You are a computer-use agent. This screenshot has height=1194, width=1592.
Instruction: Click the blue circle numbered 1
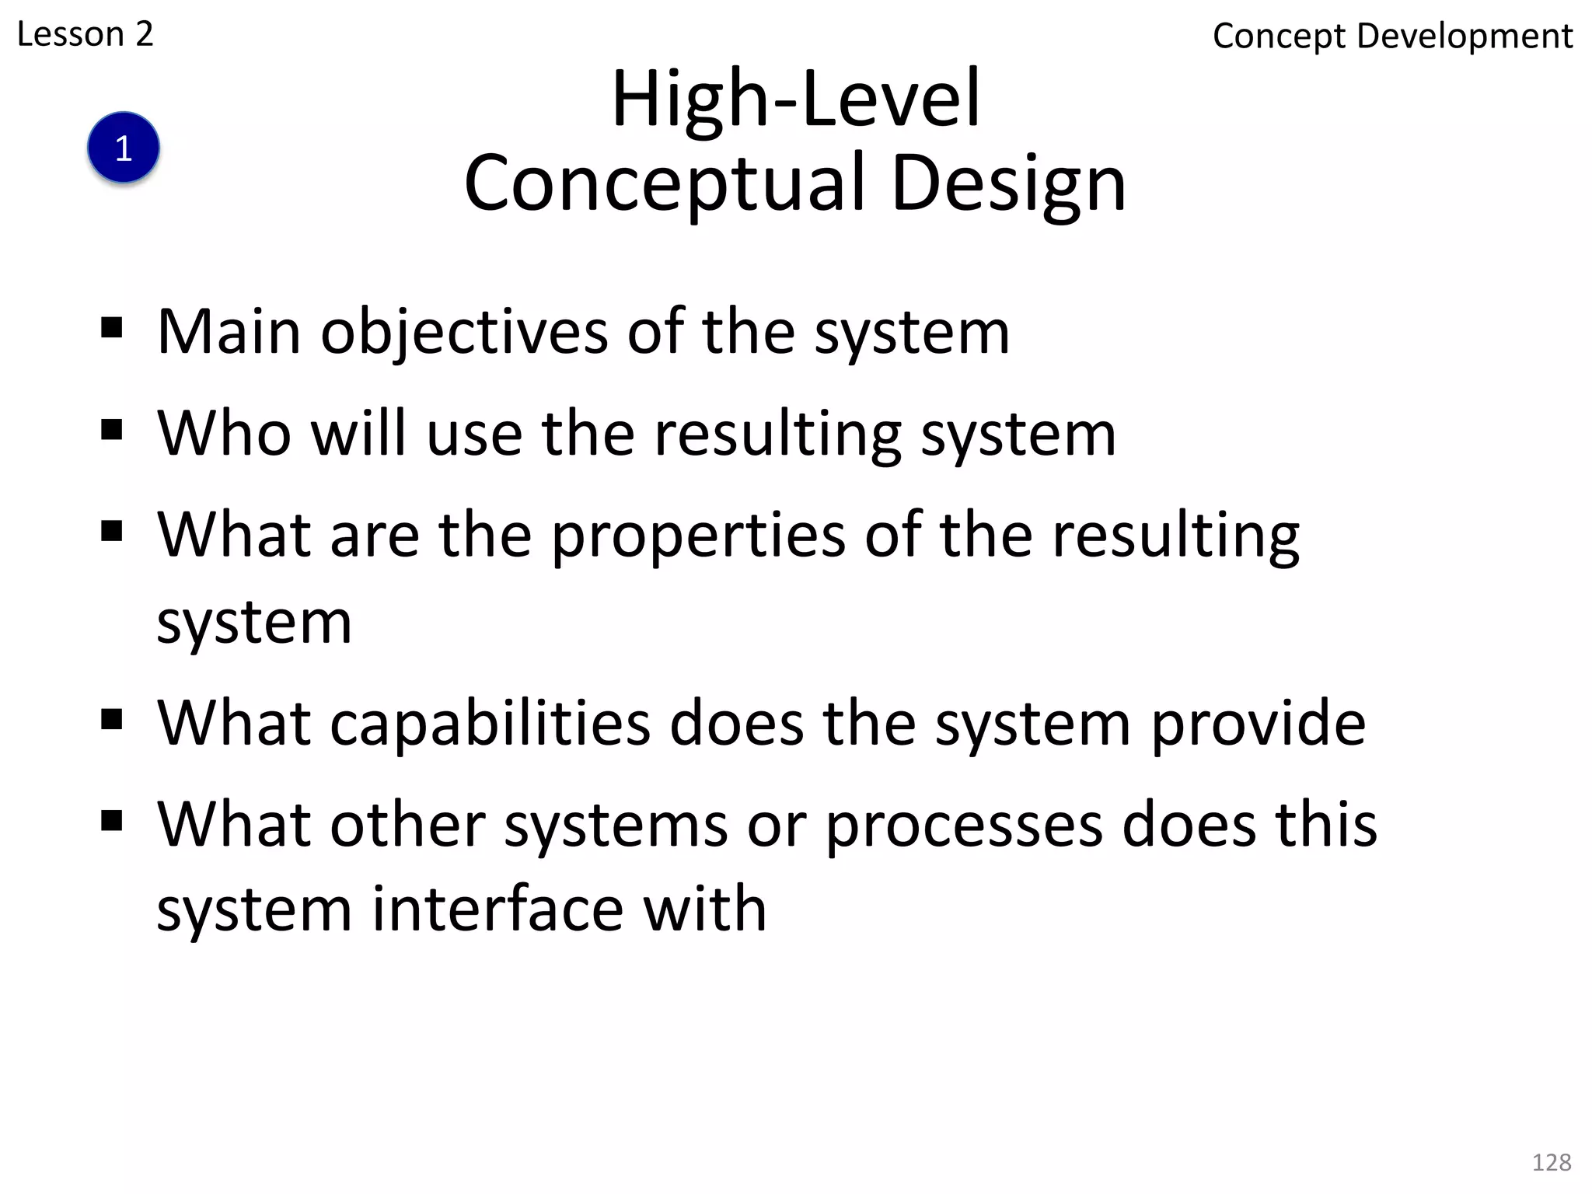click(124, 148)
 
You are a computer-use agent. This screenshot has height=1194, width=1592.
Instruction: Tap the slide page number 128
click(1551, 1162)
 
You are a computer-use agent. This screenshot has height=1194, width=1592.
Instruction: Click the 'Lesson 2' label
click(85, 34)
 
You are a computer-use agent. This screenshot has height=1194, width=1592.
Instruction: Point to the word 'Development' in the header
click(1465, 37)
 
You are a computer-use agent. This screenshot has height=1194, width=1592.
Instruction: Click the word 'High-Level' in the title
click(796, 99)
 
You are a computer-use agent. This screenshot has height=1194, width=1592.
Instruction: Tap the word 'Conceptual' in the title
click(664, 183)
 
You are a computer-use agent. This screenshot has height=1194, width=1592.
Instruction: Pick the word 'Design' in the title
click(1008, 183)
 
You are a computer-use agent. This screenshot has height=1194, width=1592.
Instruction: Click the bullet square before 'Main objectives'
click(112, 328)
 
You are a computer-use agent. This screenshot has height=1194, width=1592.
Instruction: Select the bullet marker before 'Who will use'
click(112, 429)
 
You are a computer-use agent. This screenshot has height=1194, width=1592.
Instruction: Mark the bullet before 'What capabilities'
click(112, 720)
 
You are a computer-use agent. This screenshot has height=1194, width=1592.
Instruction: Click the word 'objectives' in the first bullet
click(464, 333)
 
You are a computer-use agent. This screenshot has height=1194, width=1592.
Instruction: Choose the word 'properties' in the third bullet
click(698, 536)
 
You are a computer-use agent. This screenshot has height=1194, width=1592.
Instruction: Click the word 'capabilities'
click(490, 724)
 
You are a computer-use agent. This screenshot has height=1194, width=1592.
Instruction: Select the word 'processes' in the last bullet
click(964, 826)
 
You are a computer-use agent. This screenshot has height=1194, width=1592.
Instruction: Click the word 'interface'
click(497, 909)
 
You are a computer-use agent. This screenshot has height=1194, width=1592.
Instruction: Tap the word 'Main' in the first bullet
click(229, 332)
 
